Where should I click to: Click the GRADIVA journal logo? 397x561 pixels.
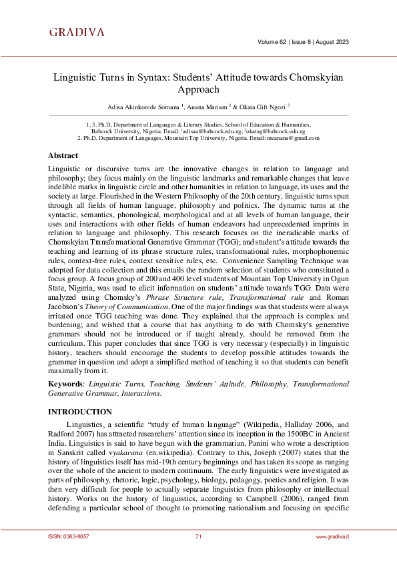click(77, 32)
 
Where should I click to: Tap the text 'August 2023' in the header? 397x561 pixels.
click(330, 43)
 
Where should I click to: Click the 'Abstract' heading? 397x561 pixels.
click(63, 155)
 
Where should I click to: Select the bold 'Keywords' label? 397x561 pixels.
click(66, 384)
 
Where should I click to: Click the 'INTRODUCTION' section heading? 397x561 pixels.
click(80, 412)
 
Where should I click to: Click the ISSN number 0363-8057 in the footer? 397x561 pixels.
click(71, 536)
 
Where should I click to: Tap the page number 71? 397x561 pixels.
click(198, 536)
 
